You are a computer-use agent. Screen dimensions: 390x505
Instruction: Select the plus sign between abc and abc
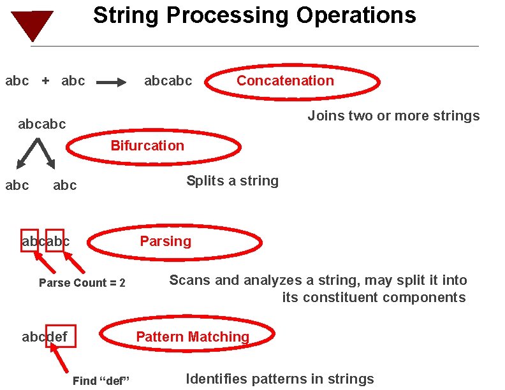click(x=45, y=81)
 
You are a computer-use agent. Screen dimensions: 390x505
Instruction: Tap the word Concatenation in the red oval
click(x=285, y=80)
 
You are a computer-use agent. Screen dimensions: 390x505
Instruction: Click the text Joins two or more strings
click(x=393, y=116)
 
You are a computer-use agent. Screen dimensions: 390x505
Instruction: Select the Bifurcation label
click(x=147, y=145)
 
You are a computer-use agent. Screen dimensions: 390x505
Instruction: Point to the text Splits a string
click(x=232, y=181)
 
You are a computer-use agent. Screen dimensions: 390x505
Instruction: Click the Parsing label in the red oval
click(x=165, y=241)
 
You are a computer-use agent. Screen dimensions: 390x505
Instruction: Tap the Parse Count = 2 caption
click(x=82, y=283)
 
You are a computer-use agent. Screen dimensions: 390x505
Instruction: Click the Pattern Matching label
click(x=193, y=336)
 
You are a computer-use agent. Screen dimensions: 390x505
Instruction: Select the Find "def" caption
click(x=101, y=381)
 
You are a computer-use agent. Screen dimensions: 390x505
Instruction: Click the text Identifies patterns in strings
click(x=280, y=379)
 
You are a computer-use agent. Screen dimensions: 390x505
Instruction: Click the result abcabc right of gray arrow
click(x=168, y=81)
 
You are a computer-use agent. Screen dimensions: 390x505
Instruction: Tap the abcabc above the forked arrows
click(x=41, y=124)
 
